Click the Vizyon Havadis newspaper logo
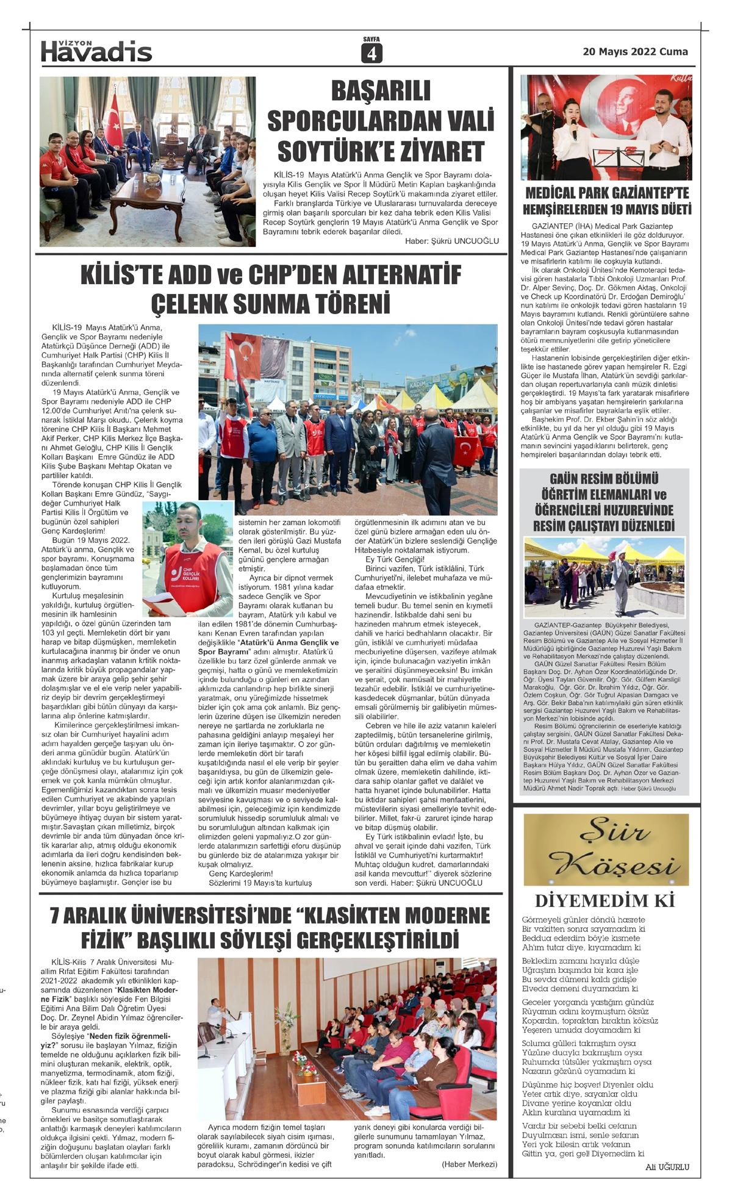[x=96, y=51]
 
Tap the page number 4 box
[x=371, y=54]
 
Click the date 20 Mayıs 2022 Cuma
[x=635, y=52]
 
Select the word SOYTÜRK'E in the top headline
[x=381, y=151]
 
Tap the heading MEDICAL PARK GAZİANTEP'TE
[x=607, y=193]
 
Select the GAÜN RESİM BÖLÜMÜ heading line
[x=604, y=479]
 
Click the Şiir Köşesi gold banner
[x=606, y=849]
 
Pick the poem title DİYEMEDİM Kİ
[x=605, y=901]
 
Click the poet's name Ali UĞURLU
[x=667, y=1167]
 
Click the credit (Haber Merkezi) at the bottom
[x=469, y=1164]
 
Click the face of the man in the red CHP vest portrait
[x=189, y=525]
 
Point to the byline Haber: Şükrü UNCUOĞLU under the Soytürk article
[x=451, y=241]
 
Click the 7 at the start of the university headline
[x=55, y=916]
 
